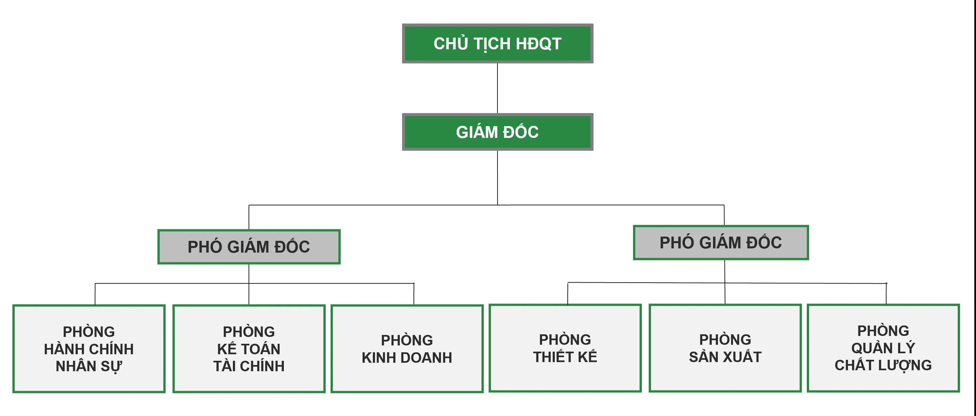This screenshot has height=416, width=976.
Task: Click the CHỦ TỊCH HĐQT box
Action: pyautogui.click(x=497, y=43)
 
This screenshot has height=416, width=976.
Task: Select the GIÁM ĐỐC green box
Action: pyautogui.click(x=497, y=132)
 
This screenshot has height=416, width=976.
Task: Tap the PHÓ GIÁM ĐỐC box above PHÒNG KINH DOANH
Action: pyautogui.click(x=249, y=247)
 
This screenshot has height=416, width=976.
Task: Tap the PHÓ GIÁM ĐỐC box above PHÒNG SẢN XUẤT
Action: pyautogui.click(x=721, y=243)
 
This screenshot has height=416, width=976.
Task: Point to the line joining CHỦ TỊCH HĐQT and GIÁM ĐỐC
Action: pyautogui.click(x=497, y=88)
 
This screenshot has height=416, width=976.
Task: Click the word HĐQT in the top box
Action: pyautogui.click(x=538, y=43)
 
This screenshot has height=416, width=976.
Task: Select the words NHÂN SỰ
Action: pyautogui.click(x=89, y=366)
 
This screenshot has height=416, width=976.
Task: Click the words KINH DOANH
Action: pyautogui.click(x=407, y=358)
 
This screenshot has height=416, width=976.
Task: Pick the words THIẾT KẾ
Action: pyautogui.click(x=565, y=357)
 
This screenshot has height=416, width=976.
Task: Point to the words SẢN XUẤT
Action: pyautogui.click(x=725, y=357)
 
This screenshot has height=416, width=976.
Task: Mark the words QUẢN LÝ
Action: pyautogui.click(x=883, y=348)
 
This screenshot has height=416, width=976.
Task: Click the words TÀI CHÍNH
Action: pyautogui.click(x=249, y=366)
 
